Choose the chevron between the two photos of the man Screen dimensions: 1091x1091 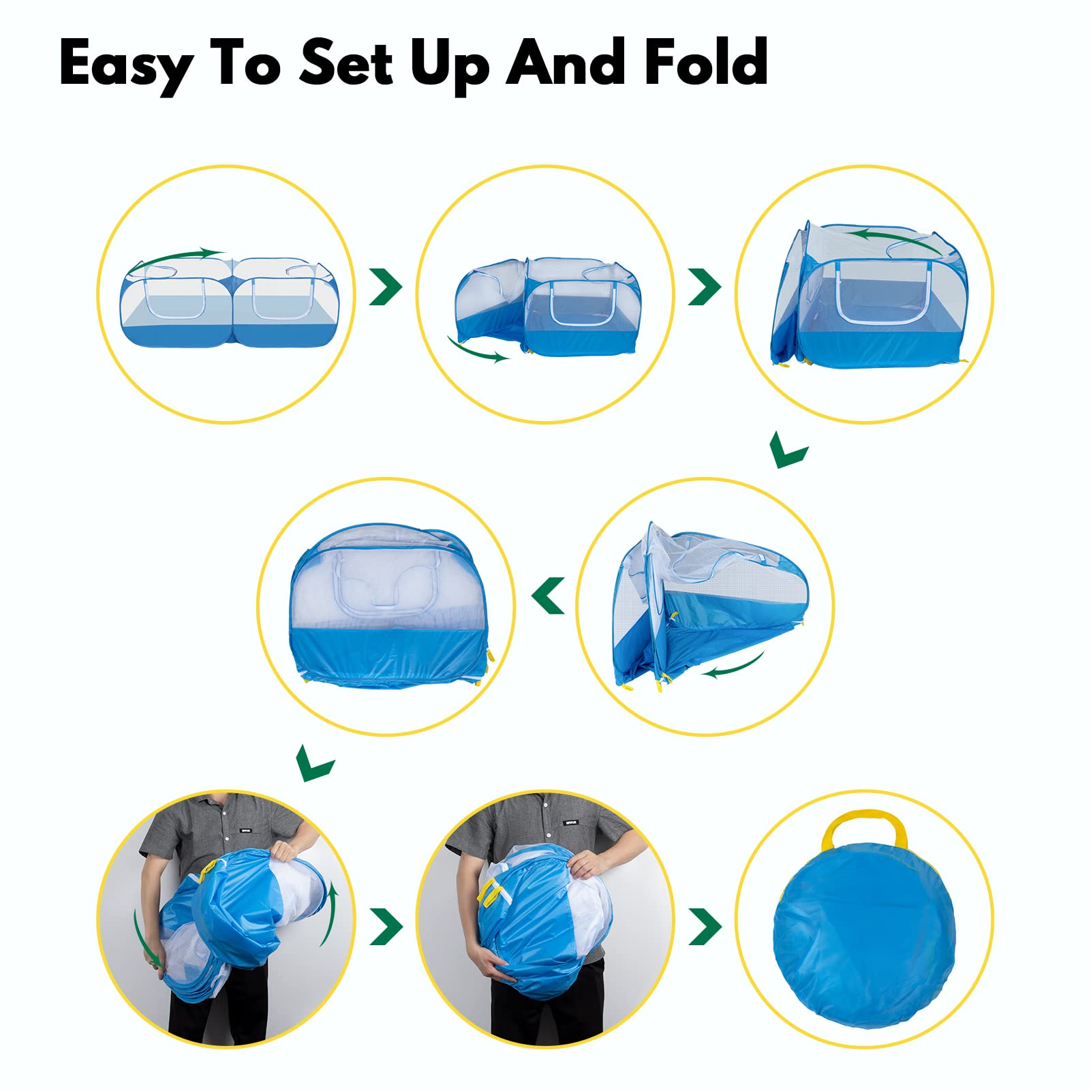[x=386, y=926]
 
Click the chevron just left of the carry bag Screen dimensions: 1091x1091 [x=705, y=926]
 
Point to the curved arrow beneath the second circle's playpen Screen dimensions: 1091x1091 [x=478, y=349]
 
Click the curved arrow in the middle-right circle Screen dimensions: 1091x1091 [x=733, y=666]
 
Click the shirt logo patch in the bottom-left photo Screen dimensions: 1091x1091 [x=246, y=831]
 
